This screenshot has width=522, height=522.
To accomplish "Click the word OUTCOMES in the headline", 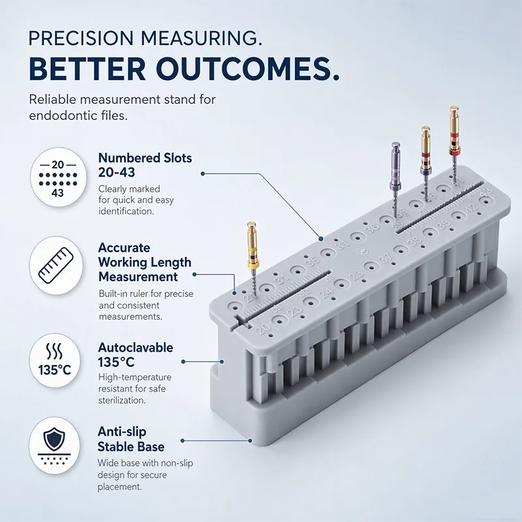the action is pyautogui.click(x=248, y=69).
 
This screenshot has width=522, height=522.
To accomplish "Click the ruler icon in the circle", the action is pyautogui.click(x=56, y=266).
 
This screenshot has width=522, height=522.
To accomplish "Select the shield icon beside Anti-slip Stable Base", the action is pyautogui.click(x=54, y=439).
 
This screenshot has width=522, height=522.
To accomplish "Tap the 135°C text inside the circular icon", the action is pyautogui.click(x=55, y=370).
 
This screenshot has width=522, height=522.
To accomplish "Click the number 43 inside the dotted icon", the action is pyautogui.click(x=57, y=192).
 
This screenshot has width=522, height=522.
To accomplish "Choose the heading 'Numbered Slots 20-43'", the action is pyautogui.click(x=145, y=165).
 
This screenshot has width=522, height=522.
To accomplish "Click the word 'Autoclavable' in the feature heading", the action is pyautogui.click(x=136, y=348).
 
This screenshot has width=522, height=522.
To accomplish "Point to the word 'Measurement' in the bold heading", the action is pyautogui.click(x=138, y=277).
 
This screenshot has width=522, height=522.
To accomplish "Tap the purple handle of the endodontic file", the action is pyautogui.click(x=395, y=166).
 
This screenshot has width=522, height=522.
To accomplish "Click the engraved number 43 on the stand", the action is pyautogui.click(x=486, y=192).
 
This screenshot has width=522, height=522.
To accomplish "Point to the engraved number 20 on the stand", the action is pyautogui.click(x=264, y=328).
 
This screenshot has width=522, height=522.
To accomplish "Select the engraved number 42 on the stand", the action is pyautogui.click(x=470, y=209).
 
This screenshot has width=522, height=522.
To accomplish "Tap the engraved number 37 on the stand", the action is pyautogui.click(x=386, y=258).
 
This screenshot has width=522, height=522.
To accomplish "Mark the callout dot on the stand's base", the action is pyautogui.click(x=250, y=440).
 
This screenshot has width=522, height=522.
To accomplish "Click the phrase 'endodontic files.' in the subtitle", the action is pyautogui.click(x=78, y=115).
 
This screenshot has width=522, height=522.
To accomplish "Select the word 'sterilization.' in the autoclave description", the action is pyautogui.click(x=122, y=400).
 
